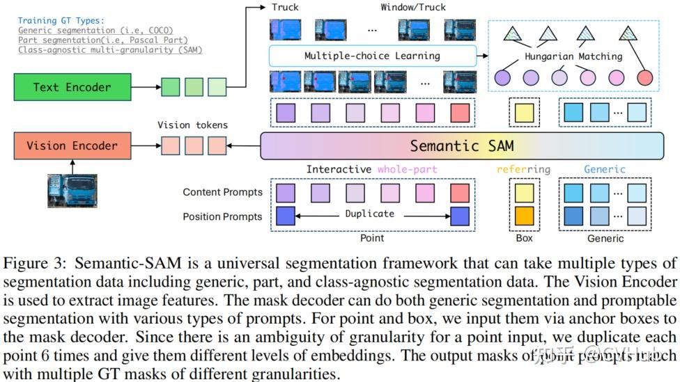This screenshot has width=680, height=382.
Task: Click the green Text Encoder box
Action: (72, 87)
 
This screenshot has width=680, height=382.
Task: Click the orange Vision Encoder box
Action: (72, 146)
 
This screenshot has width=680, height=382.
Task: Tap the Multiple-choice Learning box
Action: (372, 56)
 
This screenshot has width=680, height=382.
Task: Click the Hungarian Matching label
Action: (573, 56)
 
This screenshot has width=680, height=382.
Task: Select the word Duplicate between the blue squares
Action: (369, 214)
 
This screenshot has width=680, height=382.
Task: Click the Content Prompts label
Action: (223, 192)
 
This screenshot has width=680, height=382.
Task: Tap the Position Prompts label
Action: (223, 216)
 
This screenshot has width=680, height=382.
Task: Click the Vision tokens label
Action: (192, 125)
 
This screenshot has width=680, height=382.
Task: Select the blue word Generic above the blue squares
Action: (604, 169)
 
